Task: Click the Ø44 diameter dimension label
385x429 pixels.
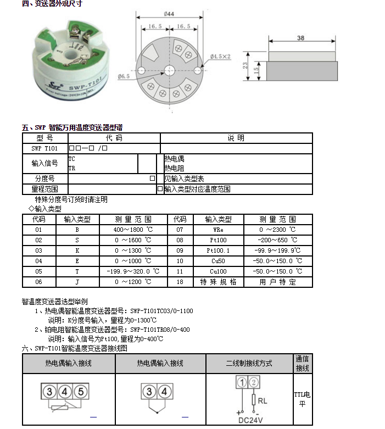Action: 169,14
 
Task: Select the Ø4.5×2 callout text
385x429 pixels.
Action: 220,56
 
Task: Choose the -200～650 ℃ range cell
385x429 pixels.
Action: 278,239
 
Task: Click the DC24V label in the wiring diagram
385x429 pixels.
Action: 250,421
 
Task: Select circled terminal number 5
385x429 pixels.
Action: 80,391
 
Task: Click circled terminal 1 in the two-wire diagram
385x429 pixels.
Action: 242,382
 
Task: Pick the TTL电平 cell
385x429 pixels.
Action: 302,399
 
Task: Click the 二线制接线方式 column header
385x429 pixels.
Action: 249,364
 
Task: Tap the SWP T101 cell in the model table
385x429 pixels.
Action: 44,148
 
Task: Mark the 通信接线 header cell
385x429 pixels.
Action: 303,363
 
